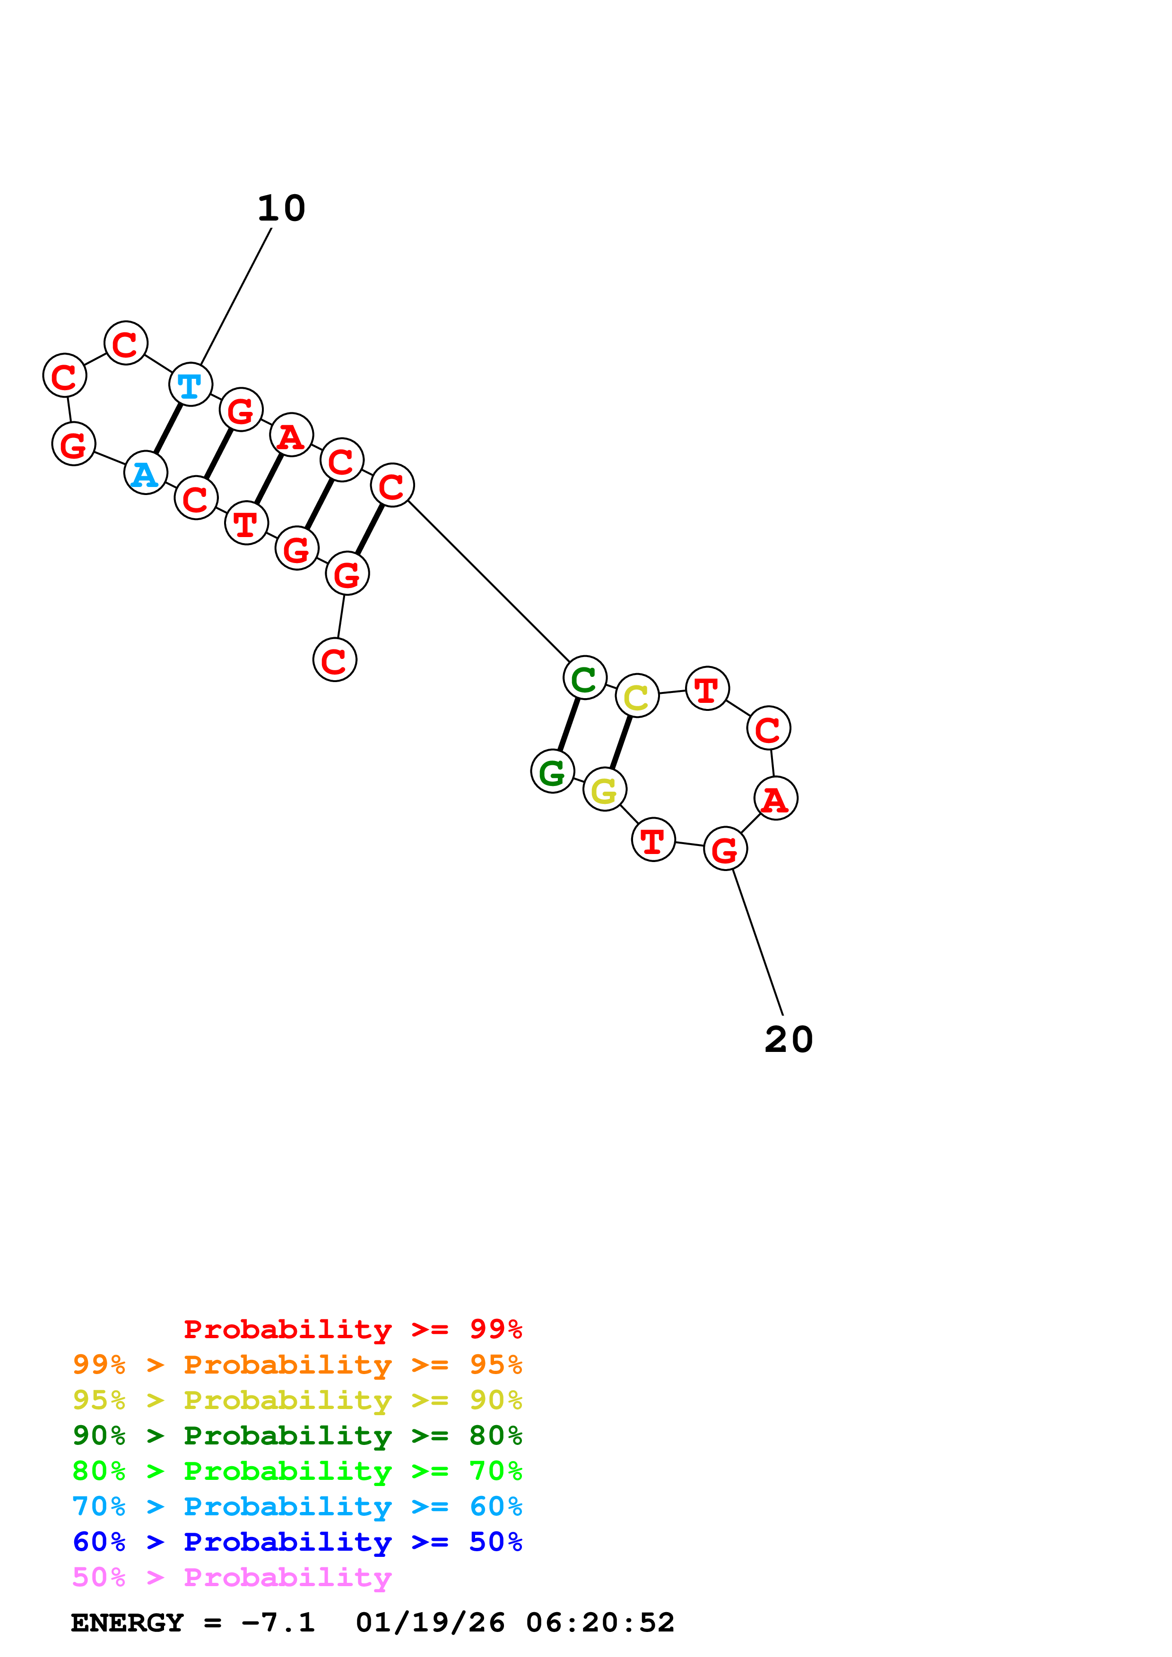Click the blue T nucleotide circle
191,384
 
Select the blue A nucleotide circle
146,473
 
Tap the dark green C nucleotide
584,678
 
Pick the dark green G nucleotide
552,771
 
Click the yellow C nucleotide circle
637,696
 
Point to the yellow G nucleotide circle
604,789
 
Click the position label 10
282,209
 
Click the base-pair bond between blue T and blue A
168,429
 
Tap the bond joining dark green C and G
568,725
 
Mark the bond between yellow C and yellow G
621,743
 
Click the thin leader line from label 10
236,297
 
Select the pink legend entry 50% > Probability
232,1577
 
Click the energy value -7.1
278,1623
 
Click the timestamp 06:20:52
600,1623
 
